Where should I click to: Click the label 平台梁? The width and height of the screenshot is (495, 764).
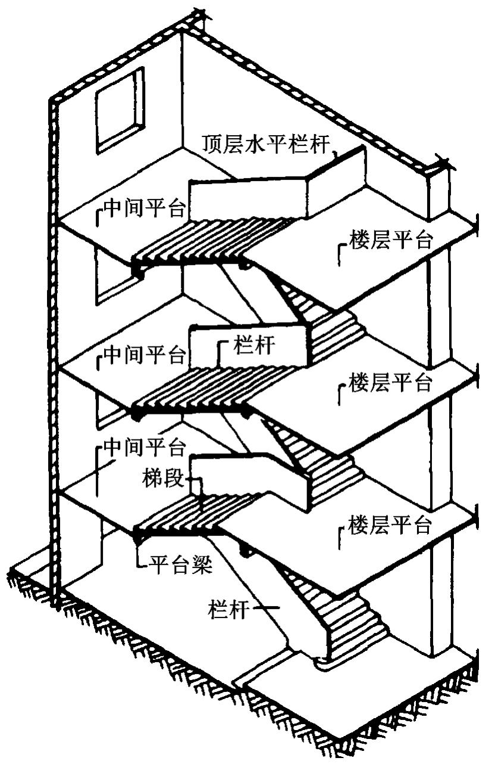coord(180,562)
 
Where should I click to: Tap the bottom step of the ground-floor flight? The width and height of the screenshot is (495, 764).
coord(333,660)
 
